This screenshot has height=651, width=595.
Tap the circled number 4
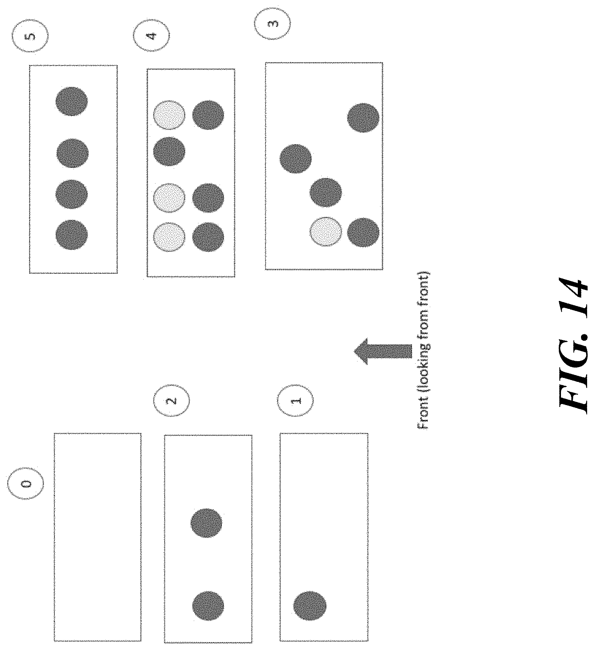(x=152, y=37)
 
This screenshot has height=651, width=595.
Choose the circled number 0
(x=26, y=484)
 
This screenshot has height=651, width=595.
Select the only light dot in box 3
(x=326, y=232)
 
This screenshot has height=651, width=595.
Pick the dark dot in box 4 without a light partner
(x=169, y=151)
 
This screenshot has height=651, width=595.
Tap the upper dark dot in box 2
(x=206, y=523)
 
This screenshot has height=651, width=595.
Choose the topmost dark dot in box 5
(x=72, y=101)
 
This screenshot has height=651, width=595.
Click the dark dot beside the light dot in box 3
(x=363, y=232)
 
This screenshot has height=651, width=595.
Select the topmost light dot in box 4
(x=169, y=115)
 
